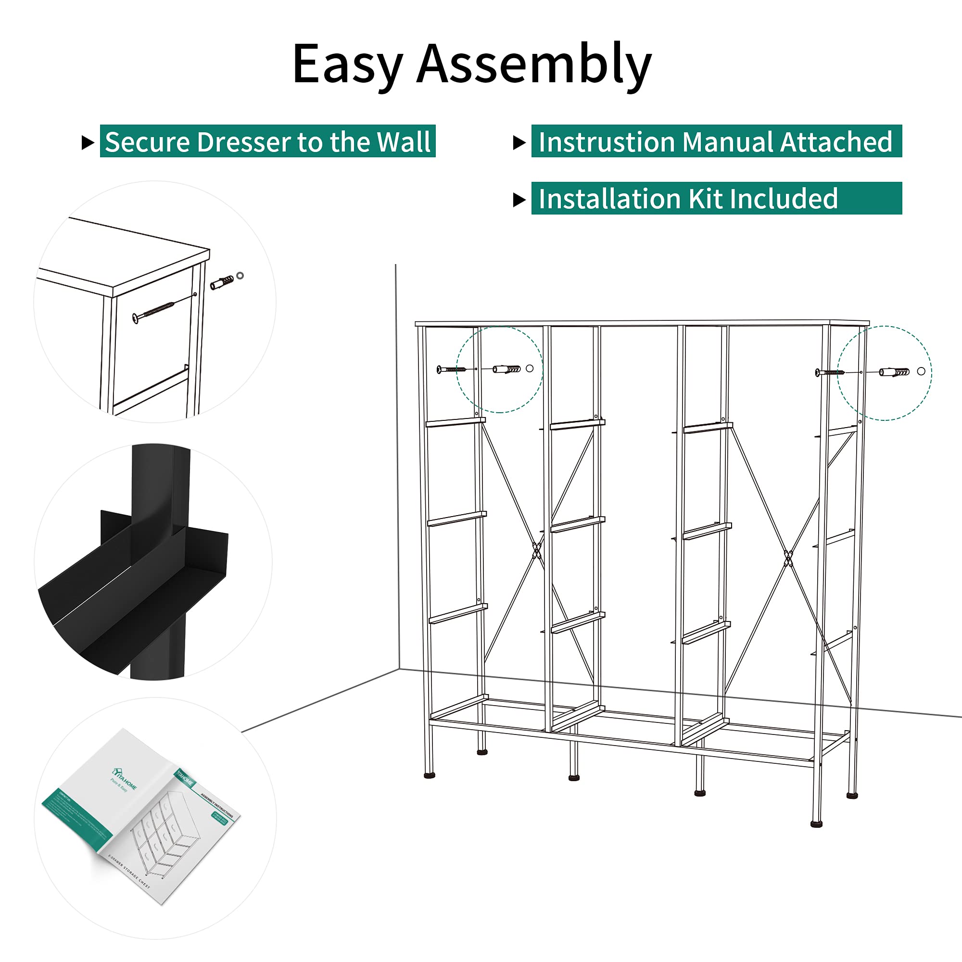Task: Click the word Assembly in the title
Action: (534, 65)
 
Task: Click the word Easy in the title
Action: (347, 65)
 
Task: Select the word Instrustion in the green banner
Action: (607, 142)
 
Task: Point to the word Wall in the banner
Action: (404, 142)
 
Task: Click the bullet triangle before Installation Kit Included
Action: (519, 200)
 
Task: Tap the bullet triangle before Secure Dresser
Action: (88, 143)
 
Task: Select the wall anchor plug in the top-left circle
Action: (222, 282)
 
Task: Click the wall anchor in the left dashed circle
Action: (506, 369)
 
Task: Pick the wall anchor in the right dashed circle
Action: (894, 372)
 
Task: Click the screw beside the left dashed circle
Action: (451, 369)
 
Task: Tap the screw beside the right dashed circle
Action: (830, 372)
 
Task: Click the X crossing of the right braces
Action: (788, 558)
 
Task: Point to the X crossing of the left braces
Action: (537, 551)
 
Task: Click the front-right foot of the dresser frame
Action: (817, 824)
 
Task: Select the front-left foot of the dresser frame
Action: (429, 774)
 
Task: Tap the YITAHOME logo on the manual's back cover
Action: (124, 777)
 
